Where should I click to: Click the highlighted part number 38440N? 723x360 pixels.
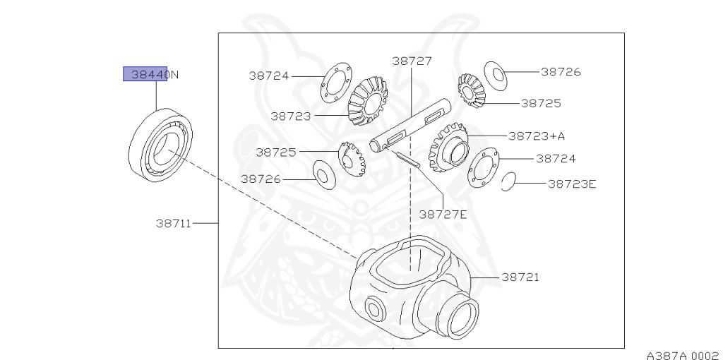[148, 74]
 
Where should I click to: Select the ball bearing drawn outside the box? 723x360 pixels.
[162, 146]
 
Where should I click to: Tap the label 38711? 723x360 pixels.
[174, 224]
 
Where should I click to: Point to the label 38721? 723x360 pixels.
[520, 277]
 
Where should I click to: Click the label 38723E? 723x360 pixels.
[572, 184]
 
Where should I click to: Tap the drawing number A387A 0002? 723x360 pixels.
[681, 354]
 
